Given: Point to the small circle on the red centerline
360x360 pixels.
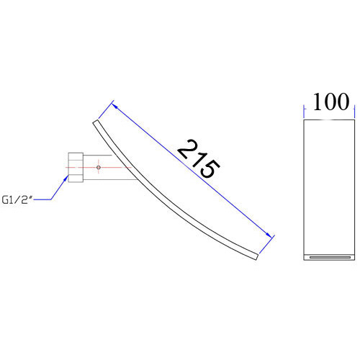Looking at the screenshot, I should click(99, 167).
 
